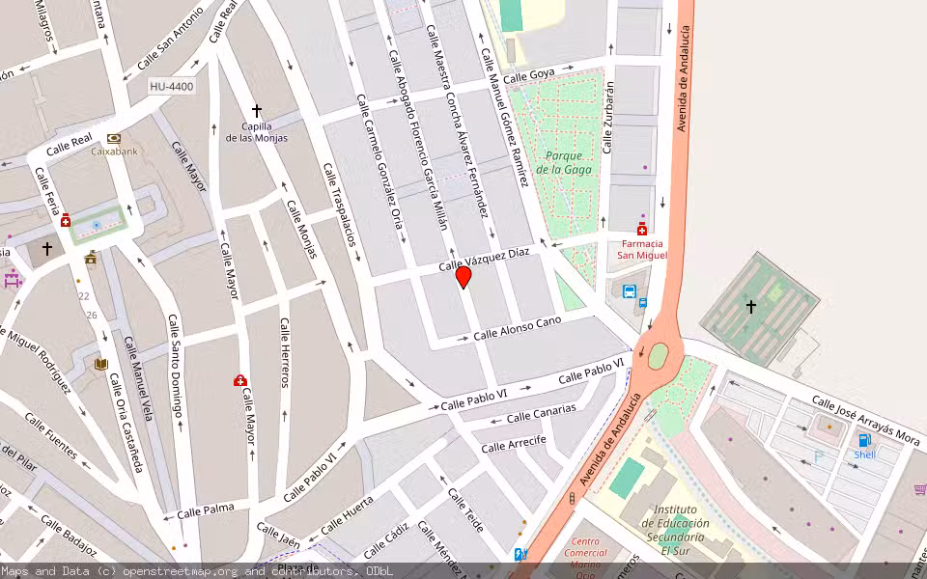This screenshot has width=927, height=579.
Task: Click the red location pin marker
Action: click(463, 277)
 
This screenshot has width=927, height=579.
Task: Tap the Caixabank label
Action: click(114, 151)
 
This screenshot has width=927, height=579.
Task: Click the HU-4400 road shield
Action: click(172, 87)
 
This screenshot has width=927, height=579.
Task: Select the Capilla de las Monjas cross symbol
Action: click(257, 111)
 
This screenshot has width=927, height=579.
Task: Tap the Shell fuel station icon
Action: click(863, 440)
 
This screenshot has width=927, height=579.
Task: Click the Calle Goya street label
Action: click(528, 74)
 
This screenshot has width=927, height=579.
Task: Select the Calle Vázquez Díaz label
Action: click(484, 258)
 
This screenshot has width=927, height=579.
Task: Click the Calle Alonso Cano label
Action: click(517, 328)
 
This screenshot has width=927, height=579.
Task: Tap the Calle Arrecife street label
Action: click(514, 443)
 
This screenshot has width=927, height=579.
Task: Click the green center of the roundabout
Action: click(658, 356)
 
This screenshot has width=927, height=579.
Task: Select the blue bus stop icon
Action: click(630, 291)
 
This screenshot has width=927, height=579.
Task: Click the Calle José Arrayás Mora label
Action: click(865, 422)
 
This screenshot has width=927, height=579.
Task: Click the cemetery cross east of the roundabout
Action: click(751, 306)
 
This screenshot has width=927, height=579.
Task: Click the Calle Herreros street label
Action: click(285, 352)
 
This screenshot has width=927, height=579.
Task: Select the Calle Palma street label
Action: click(205, 509)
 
